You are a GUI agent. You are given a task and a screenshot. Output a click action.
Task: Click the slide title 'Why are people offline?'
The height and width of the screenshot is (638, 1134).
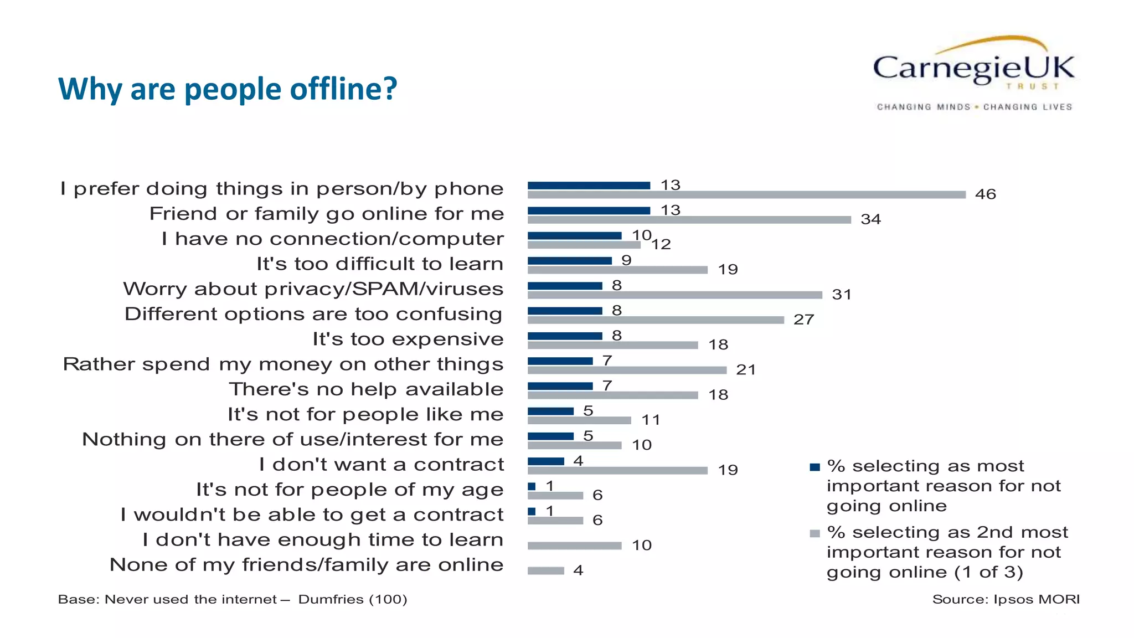point(228,89)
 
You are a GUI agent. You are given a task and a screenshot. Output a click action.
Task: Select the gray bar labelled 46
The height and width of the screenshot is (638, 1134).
point(746,195)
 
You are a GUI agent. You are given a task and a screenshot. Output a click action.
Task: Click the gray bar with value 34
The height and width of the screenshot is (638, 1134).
point(689,220)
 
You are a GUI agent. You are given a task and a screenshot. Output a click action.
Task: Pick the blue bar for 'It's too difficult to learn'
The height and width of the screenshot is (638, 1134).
point(569,261)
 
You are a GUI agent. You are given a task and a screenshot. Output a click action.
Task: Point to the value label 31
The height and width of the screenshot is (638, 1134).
point(841,295)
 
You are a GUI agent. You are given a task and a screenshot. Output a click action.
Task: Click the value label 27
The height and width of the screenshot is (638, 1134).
point(803,320)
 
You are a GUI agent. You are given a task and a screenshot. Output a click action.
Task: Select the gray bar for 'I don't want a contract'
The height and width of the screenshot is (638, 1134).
point(617,471)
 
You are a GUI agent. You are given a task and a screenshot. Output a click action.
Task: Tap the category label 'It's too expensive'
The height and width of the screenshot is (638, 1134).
point(408,339)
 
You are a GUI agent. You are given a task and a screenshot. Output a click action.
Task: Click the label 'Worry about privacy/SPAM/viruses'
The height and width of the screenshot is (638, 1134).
point(313,289)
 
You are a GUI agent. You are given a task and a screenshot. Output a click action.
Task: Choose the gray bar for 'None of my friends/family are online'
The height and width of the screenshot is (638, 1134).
point(545,571)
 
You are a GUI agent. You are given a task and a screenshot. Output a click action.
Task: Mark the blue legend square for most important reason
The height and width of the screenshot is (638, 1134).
point(815,467)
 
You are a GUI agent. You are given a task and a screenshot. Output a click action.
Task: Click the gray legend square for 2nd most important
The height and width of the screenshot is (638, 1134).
point(815,534)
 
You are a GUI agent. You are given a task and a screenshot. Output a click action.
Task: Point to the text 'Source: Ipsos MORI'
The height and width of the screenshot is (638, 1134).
point(1006,600)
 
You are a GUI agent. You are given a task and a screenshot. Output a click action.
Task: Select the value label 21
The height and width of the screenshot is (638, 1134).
point(745,370)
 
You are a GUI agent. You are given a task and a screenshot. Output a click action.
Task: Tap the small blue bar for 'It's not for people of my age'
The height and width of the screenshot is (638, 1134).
point(532,487)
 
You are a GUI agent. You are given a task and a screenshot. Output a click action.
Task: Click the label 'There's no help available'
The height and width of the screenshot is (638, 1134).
point(366,389)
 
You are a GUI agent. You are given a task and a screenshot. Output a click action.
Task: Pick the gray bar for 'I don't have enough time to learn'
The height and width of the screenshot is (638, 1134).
point(574,546)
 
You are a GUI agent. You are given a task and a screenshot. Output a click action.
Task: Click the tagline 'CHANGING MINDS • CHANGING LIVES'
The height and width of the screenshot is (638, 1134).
point(974,107)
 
